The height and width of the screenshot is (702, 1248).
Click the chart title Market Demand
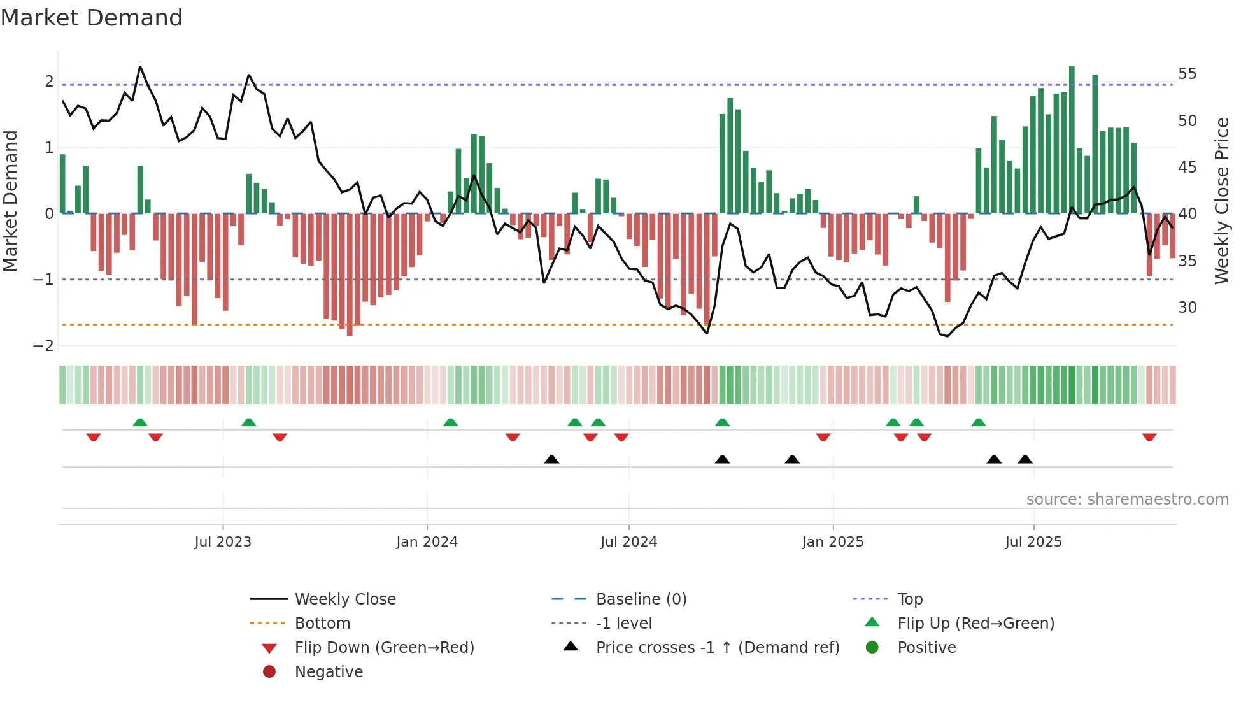(92, 18)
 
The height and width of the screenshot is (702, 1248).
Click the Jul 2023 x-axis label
(223, 542)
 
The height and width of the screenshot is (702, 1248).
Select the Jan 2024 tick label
(427, 542)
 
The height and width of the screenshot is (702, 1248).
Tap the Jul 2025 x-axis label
(1033, 542)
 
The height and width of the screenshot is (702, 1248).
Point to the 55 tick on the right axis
(1187, 74)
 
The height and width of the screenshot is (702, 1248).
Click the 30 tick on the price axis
(1187, 308)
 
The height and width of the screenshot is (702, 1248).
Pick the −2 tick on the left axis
(43, 346)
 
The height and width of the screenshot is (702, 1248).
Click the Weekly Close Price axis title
(1221, 201)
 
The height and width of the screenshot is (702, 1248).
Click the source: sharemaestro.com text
(1127, 499)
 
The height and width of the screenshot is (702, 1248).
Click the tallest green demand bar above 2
(1072, 140)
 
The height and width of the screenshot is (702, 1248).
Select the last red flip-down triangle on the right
(1149, 437)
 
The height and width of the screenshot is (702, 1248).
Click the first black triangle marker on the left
(551, 459)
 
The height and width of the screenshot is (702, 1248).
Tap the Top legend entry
(909, 599)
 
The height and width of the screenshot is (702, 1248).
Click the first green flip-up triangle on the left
(140, 422)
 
